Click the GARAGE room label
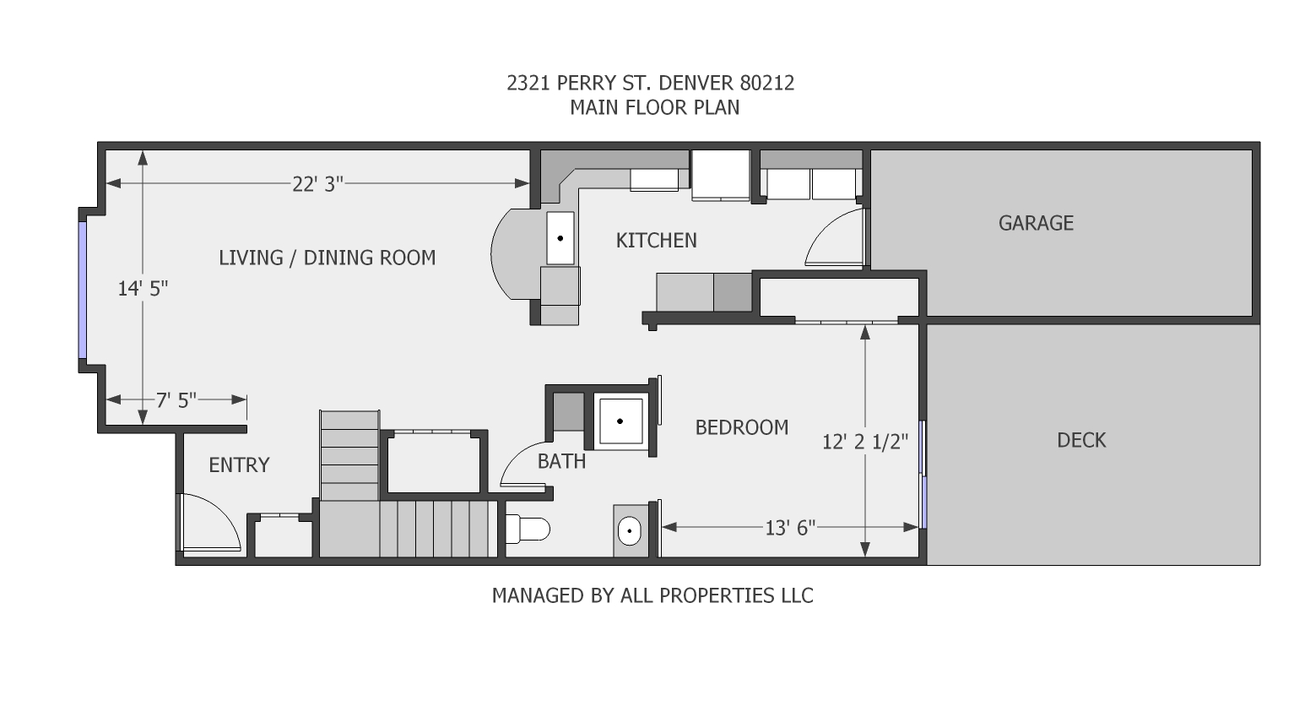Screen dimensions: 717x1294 point(1036,223)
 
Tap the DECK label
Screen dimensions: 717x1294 point(1080,440)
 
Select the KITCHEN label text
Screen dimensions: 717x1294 point(656,241)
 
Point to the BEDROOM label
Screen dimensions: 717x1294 point(741,427)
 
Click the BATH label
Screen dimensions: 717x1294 point(561,461)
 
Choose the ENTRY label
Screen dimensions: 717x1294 point(239,465)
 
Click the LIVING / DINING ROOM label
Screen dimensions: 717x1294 point(327,258)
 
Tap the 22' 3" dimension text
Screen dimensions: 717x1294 point(317,184)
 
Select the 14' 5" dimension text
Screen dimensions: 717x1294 point(143,289)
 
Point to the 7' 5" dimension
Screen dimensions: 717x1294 point(176,400)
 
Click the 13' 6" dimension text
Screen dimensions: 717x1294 point(790,528)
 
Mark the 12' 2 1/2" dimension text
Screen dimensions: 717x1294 point(865,442)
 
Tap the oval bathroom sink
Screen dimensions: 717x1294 point(629,532)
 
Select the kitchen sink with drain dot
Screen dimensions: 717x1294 point(560,238)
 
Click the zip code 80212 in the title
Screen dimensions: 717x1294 point(766,83)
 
